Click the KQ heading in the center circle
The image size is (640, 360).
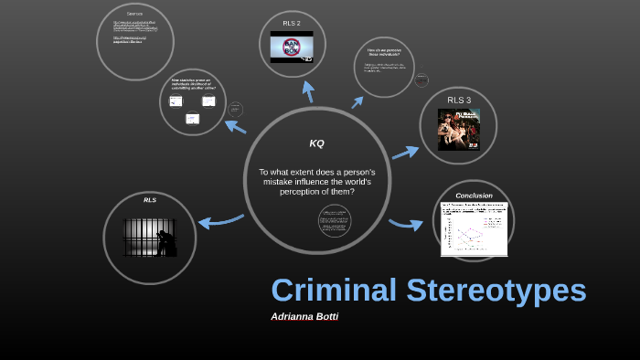click(x=316, y=143)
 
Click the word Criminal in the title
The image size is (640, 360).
click(x=334, y=290)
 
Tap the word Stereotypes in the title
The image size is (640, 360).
click(x=496, y=290)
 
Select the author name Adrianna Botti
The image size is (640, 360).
click(x=304, y=316)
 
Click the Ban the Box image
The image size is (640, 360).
click(x=292, y=47)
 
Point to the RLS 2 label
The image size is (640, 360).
click(x=292, y=23)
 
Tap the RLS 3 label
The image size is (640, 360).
click(x=459, y=100)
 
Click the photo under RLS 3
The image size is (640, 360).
click(x=459, y=129)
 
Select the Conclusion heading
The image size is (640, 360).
click(x=474, y=196)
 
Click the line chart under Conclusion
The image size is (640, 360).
click(x=474, y=230)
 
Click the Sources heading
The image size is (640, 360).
click(x=135, y=14)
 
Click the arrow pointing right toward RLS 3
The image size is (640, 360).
click(x=405, y=153)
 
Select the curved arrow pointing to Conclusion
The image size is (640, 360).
click(x=405, y=224)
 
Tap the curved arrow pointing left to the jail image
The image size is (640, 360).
click(x=219, y=221)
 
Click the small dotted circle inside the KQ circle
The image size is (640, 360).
click(x=335, y=220)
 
